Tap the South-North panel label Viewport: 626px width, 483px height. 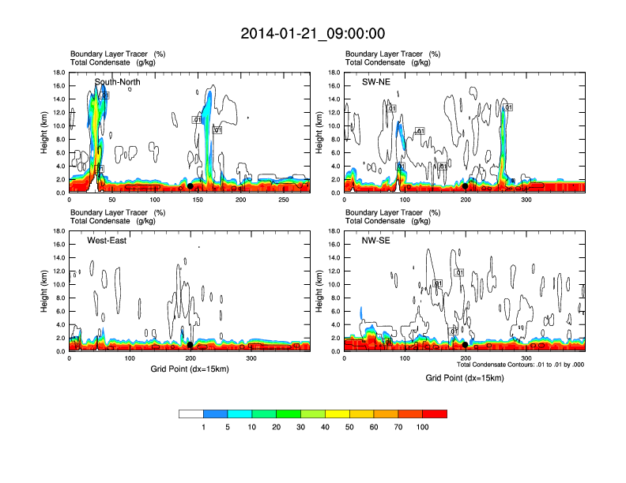(x=118, y=81)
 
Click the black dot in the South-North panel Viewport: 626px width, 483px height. (x=190, y=186)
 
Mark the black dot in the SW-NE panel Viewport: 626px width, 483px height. (x=466, y=186)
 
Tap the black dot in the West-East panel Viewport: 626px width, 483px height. (x=190, y=345)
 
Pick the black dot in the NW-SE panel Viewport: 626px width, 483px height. (x=466, y=345)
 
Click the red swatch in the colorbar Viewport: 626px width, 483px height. (x=435, y=414)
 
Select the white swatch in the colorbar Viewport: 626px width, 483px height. (x=190, y=414)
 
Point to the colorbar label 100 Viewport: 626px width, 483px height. (x=423, y=427)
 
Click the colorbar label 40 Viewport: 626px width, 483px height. (x=325, y=427)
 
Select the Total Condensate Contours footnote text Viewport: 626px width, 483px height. (x=521, y=365)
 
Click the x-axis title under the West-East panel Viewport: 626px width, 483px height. (x=189, y=369)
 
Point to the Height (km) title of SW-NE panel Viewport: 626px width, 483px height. (x=319, y=133)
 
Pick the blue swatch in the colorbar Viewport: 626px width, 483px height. (x=215, y=414)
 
